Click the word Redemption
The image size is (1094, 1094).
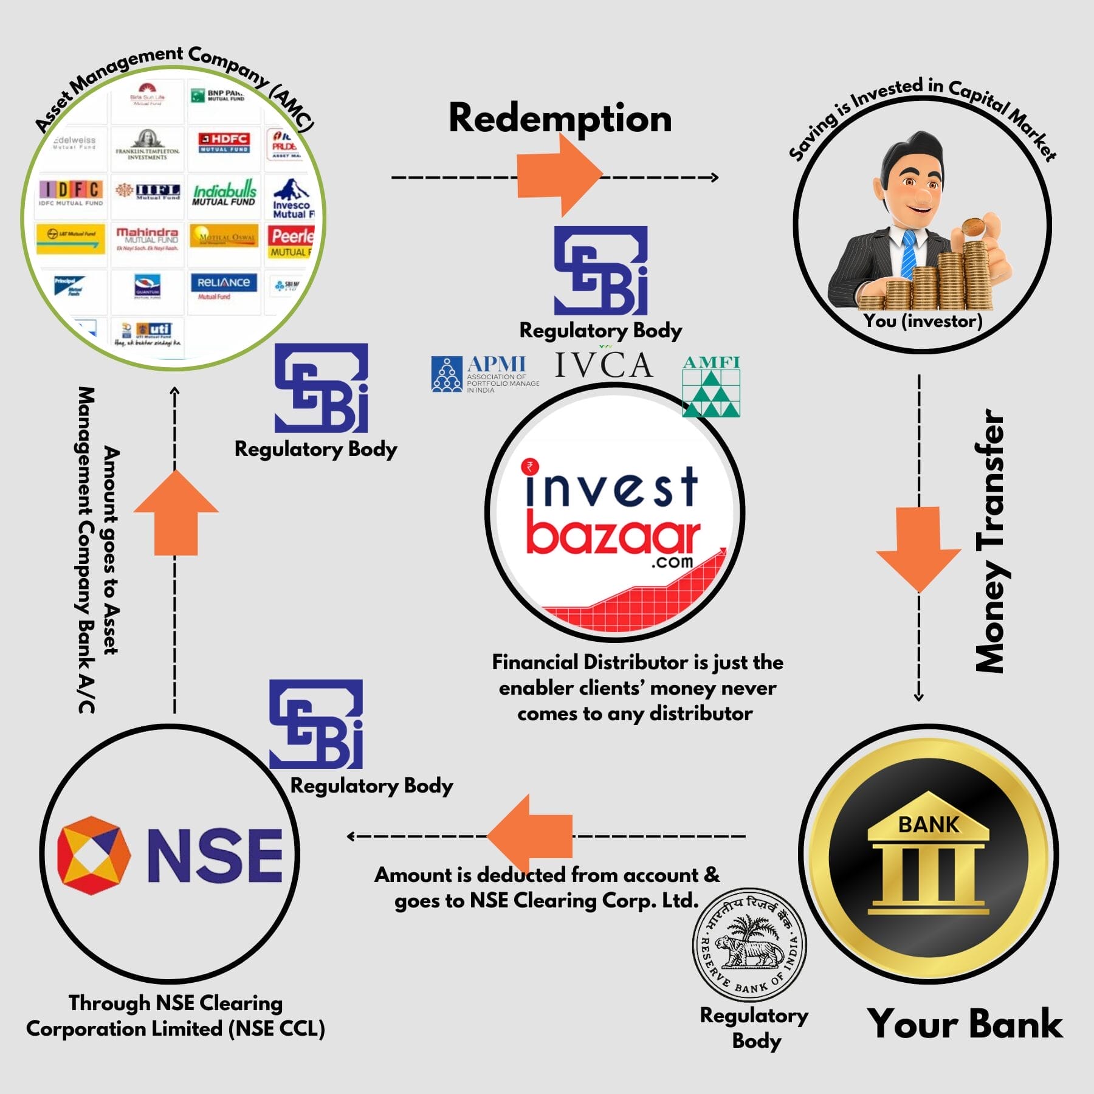560,118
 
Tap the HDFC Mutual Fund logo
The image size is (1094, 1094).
224,142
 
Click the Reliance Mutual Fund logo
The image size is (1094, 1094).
223,286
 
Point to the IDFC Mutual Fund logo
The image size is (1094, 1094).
71,193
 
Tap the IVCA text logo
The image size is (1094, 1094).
604,365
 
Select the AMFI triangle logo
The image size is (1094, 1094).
711,387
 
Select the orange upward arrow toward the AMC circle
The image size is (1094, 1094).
176,514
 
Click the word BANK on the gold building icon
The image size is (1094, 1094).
928,825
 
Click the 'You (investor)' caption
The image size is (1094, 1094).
923,321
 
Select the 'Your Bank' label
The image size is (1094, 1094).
965,1023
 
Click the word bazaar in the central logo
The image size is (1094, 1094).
613,535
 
